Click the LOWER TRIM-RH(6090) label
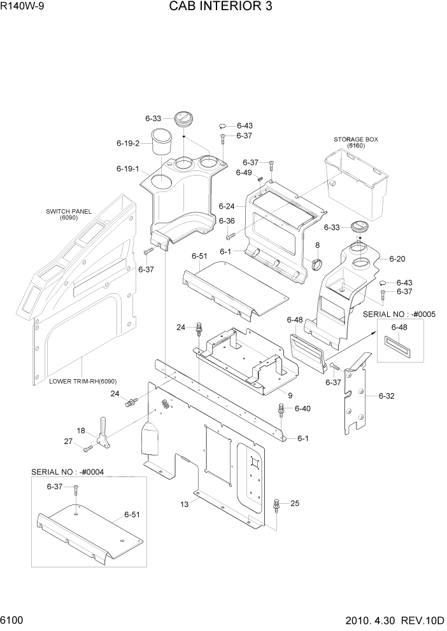83,382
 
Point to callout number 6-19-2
128,144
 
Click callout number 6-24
227,206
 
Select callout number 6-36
227,221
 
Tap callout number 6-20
397,259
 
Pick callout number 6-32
387,396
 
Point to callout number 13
185,504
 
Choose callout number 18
81,431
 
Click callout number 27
68,441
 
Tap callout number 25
295,504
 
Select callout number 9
290,396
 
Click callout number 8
317,245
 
